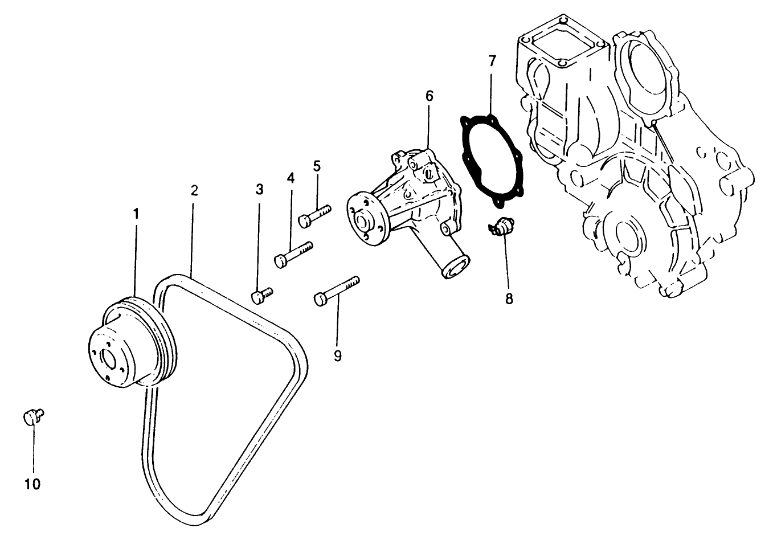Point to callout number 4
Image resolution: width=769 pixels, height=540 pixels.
click(291, 178)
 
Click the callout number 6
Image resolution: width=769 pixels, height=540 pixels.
click(429, 96)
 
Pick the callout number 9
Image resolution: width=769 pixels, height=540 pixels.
click(338, 356)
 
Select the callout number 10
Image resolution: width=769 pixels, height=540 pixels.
click(32, 484)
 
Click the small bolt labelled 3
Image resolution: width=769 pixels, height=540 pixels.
click(261, 295)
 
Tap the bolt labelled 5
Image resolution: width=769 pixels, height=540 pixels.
click(314, 215)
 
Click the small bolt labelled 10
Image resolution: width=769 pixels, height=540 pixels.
click(33, 416)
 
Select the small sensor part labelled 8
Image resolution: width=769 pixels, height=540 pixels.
click(501, 228)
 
